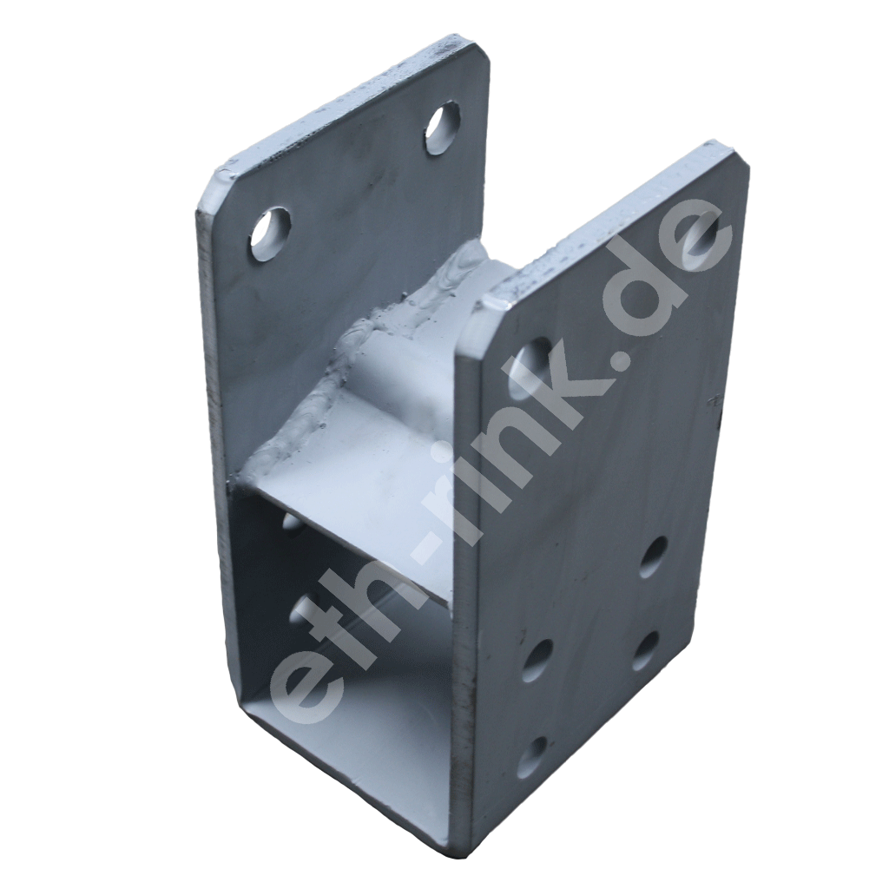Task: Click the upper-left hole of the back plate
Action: pos(271,233)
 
